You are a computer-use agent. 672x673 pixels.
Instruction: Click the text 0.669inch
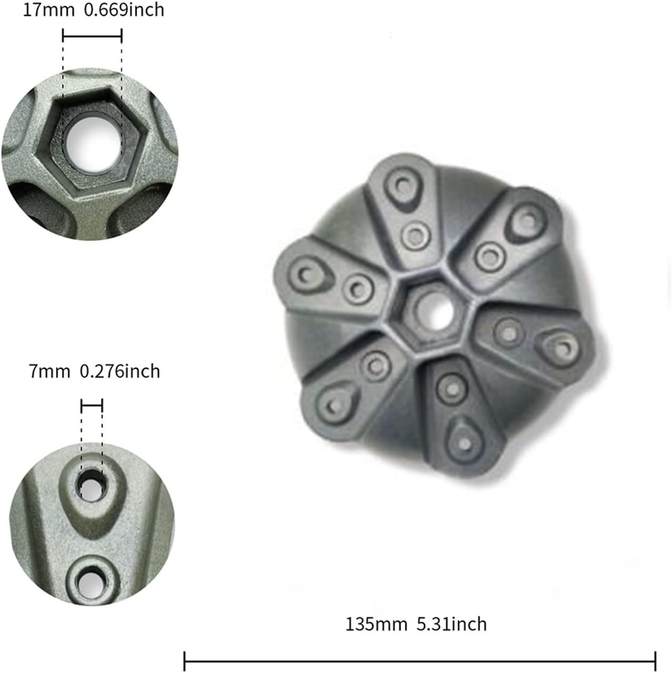(x=124, y=11)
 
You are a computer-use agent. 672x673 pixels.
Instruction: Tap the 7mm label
(x=49, y=371)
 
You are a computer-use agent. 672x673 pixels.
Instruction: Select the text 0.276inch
(x=119, y=371)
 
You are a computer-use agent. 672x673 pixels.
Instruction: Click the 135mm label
(x=376, y=624)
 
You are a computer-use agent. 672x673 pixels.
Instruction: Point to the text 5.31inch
(x=451, y=624)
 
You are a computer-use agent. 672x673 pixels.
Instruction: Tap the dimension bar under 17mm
(x=92, y=36)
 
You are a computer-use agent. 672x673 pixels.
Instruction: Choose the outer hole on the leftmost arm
(x=304, y=275)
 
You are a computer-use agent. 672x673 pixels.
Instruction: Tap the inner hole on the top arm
(x=415, y=235)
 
